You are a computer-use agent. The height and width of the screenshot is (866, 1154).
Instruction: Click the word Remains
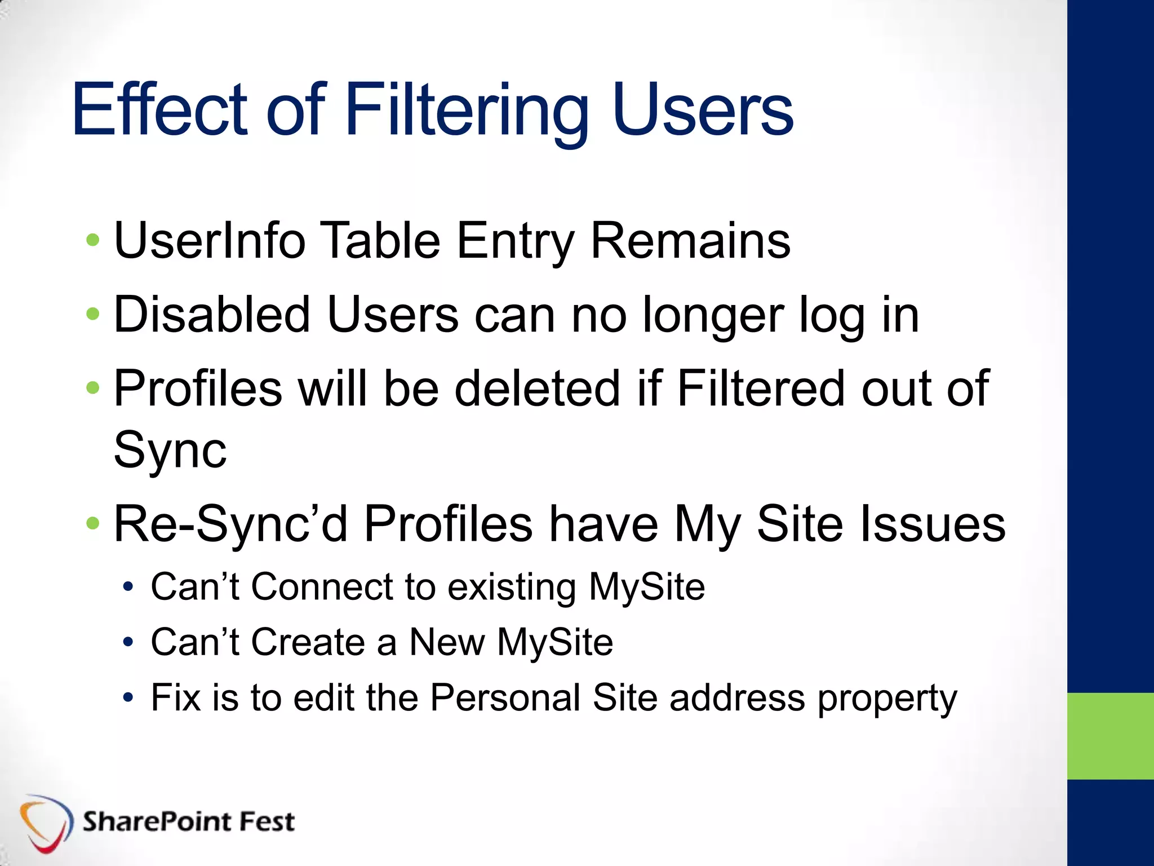pyautogui.click(x=690, y=241)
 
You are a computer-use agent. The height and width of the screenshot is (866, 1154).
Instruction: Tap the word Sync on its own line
pyautogui.click(x=170, y=450)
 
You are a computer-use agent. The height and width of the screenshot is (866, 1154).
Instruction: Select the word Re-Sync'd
pyautogui.click(x=230, y=524)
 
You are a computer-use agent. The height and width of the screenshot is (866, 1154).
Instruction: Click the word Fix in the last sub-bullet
pyautogui.click(x=175, y=697)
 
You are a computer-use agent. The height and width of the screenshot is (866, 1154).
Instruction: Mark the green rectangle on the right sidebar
pyautogui.click(x=1110, y=736)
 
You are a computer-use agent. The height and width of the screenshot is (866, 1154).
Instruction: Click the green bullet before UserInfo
pyautogui.click(x=93, y=241)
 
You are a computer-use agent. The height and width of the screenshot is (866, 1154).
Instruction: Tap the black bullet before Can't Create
pyautogui.click(x=128, y=642)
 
